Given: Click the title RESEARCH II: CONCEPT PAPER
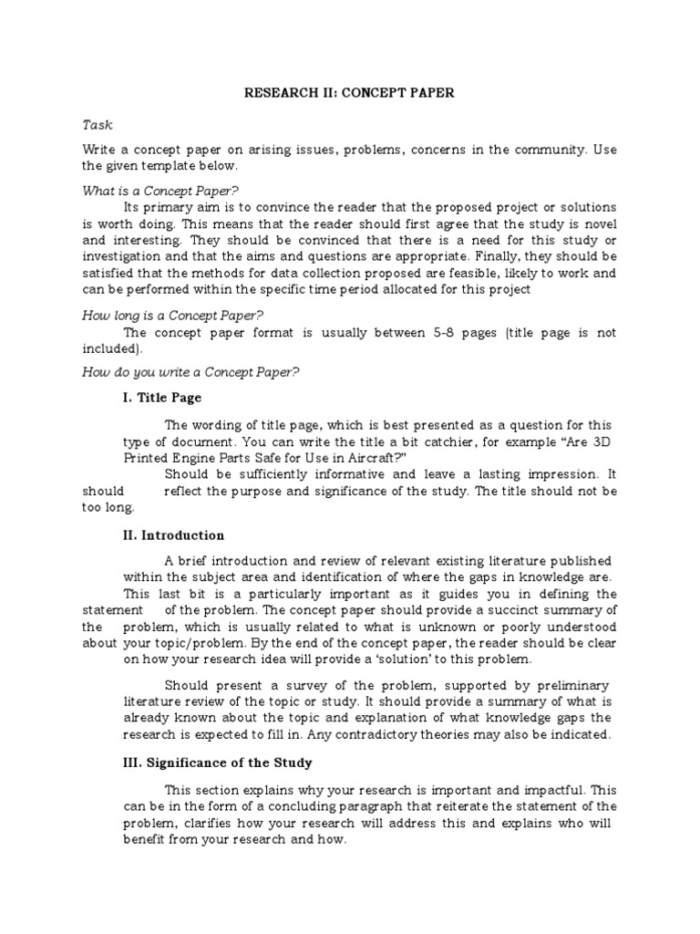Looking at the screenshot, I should tap(351, 93).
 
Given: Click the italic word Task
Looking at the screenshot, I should tap(98, 125).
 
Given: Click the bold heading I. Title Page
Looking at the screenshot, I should tap(162, 398).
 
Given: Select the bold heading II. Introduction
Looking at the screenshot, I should tap(174, 535).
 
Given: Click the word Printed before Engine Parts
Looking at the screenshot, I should tap(189, 458).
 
